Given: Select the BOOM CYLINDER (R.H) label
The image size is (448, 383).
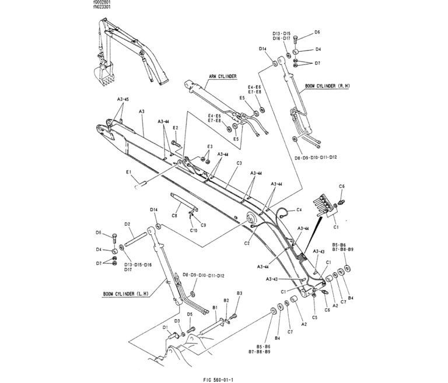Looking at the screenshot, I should pyautogui.click(x=327, y=86).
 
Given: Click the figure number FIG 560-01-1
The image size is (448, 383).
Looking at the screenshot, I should pyautogui.click(x=224, y=377).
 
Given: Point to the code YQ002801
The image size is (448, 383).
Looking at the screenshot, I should pyautogui.click(x=102, y=3).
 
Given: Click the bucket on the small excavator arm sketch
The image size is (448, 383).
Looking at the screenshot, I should pyautogui.click(x=103, y=73).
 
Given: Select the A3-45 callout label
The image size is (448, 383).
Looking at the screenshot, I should pyautogui.click(x=123, y=100).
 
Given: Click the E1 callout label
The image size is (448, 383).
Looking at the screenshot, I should pyautogui.click(x=128, y=172).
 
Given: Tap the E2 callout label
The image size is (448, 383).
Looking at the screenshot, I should pyautogui.click(x=175, y=128).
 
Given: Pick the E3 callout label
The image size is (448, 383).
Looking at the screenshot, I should pyautogui.click(x=209, y=146).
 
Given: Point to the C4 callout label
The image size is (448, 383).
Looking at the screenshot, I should pyautogui.click(x=299, y=209).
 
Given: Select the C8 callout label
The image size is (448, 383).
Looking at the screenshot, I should pyautogui.click(x=174, y=216).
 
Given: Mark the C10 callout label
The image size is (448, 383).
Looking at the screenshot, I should pyautogui.click(x=194, y=230).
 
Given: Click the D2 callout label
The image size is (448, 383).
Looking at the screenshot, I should pyautogui.click(x=127, y=224).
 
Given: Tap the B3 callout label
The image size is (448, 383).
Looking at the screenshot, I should pyautogui.click(x=239, y=293).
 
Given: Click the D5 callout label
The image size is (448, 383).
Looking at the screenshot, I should pyautogui.click(x=190, y=314).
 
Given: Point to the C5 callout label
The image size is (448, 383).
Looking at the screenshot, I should pyautogui.click(x=314, y=317).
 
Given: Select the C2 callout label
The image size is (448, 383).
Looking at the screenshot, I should pyautogui.click(x=247, y=243).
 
